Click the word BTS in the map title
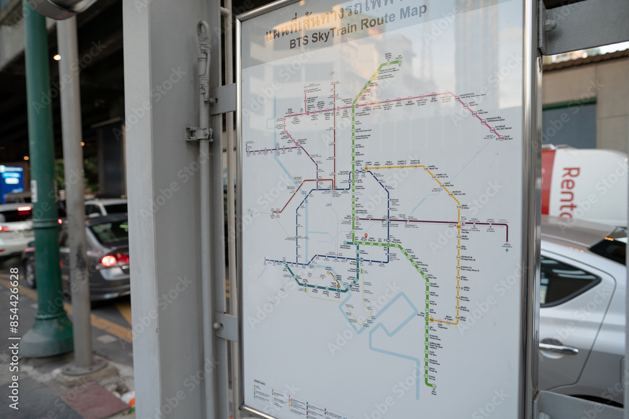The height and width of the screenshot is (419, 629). pyautogui.click(x=299, y=43)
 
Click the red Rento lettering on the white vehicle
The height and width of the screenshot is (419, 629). pyautogui.click(x=570, y=192)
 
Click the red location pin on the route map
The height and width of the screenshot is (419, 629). pyautogui.click(x=365, y=236)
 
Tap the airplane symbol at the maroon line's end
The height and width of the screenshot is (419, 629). pyautogui.click(x=507, y=250)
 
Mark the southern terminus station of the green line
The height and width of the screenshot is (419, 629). pyautogui.click(x=433, y=386)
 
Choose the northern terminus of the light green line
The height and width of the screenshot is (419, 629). pyautogui.click(x=398, y=61)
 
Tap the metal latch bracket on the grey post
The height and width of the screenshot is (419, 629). pyautogui.click(x=198, y=134)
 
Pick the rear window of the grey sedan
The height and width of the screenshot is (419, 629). pyautogui.click(x=110, y=232)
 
